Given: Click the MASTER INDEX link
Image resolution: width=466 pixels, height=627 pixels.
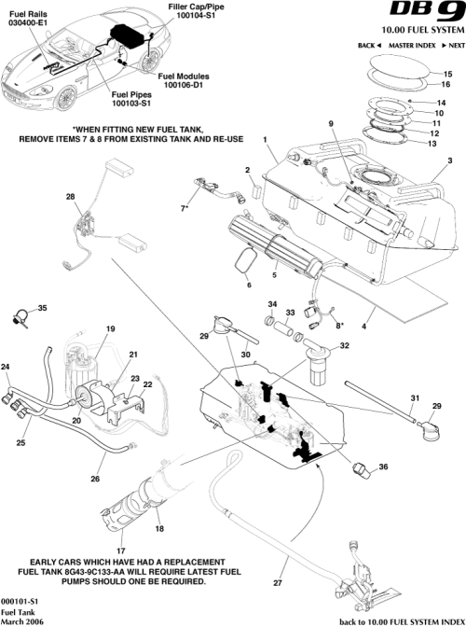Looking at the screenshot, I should click(412, 45).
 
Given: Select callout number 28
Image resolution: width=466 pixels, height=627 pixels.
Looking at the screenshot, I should click(70, 197).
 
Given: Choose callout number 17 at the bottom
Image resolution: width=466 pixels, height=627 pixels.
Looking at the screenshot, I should click(120, 550).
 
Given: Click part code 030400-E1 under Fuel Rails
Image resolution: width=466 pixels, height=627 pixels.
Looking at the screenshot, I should click(27, 23).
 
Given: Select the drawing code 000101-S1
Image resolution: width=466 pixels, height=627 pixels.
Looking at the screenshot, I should click(20, 601).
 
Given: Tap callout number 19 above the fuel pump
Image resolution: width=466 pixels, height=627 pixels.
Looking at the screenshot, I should click(110, 328).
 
